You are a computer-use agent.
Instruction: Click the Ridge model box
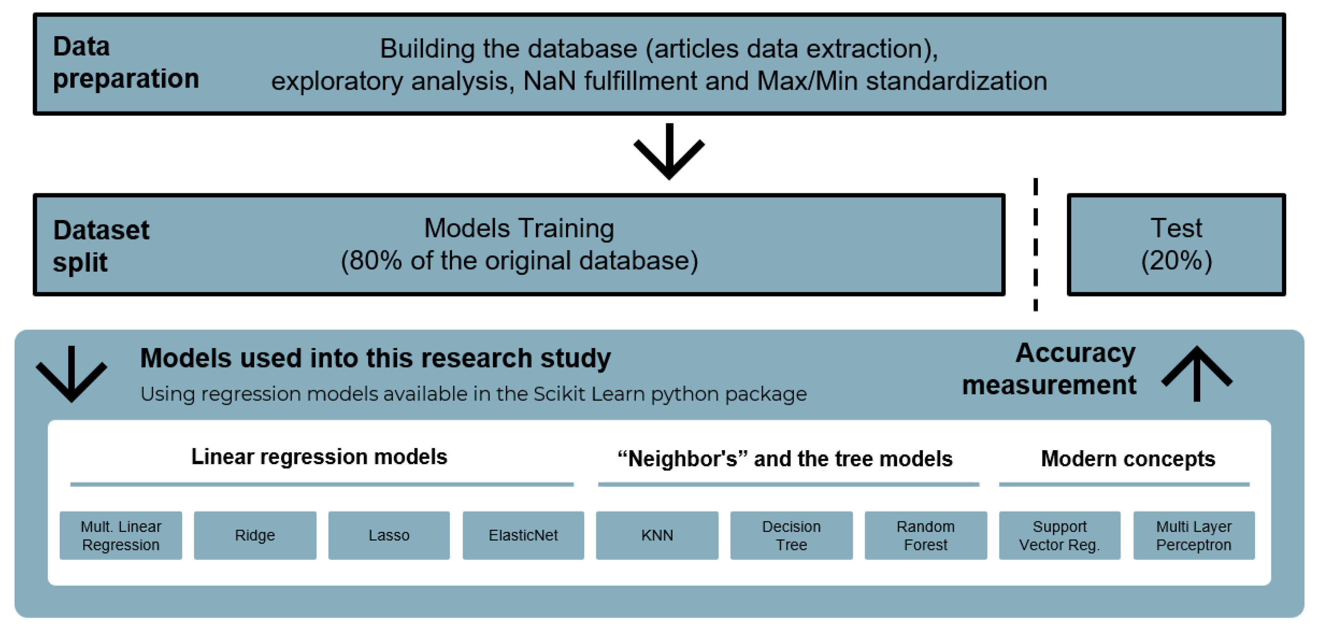pos(255,535)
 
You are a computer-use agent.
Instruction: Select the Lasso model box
pos(389,535)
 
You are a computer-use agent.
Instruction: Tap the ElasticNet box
pos(523,535)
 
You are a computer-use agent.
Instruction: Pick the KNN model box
pos(657,535)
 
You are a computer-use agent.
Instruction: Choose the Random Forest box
pos(926,535)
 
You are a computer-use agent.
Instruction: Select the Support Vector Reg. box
pos(1059,535)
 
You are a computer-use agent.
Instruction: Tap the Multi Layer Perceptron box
pos(1194,535)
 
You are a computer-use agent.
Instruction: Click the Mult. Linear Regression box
pos(121,535)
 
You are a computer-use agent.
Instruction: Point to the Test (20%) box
pos(1176,245)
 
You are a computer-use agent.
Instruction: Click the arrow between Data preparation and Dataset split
pos(669,152)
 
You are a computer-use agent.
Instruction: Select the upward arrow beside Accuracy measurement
pos(1196,373)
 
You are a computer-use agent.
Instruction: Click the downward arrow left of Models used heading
pos(72,373)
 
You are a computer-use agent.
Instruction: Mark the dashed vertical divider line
pos(1035,245)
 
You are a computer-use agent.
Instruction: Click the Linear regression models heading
pos(319,457)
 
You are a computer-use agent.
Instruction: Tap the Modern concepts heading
pos(1128,459)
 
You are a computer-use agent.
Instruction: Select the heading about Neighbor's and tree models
pos(785,459)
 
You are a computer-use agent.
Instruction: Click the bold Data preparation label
pos(126,63)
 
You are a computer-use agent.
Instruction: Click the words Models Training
pos(519,228)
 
